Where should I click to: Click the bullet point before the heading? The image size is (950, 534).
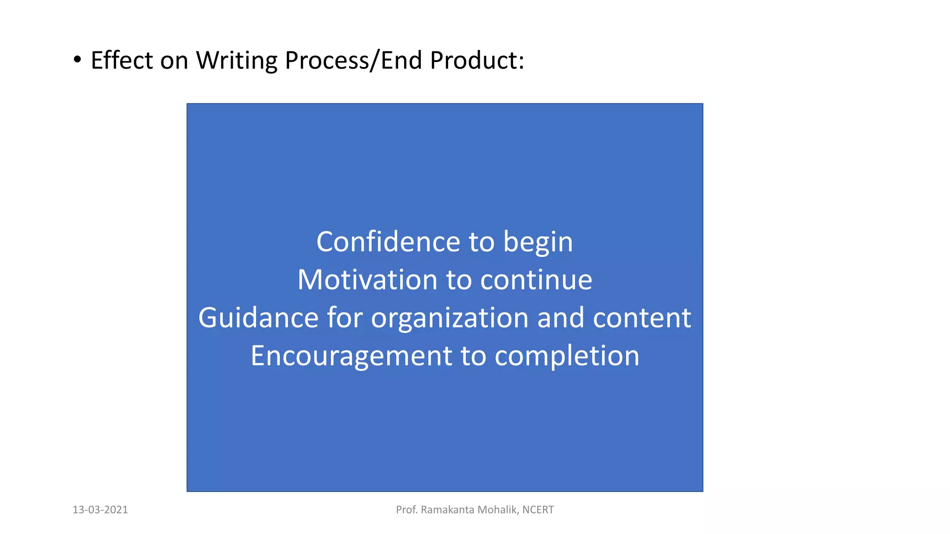coord(77,60)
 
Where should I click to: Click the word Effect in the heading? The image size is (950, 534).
coord(122,60)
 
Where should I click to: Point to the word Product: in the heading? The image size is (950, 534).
coord(477,60)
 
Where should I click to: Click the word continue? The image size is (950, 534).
coord(536,280)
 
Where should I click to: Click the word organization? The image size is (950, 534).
coord(449,319)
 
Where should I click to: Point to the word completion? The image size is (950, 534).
coord(567,356)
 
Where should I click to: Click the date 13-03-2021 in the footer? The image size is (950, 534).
coord(100,510)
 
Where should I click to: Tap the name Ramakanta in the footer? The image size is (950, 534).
coord(448,510)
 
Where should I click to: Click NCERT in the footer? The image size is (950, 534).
coord(538,510)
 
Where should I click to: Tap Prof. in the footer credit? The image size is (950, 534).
coord(406,510)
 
